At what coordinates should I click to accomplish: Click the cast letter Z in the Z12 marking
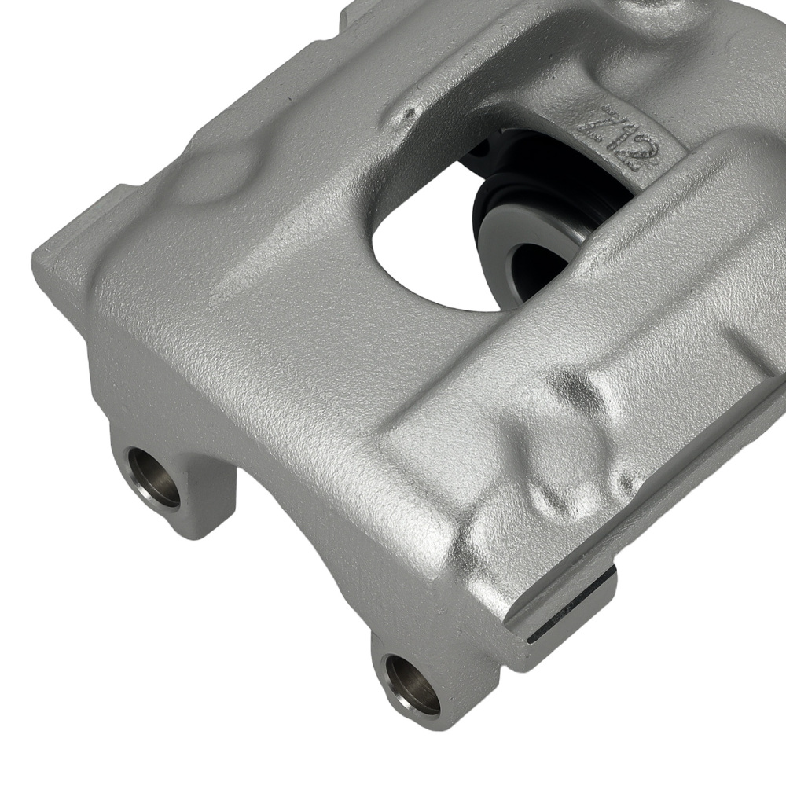coord(595,123)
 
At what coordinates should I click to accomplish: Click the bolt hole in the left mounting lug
coord(154,477)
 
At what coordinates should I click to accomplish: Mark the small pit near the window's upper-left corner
coord(408,116)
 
